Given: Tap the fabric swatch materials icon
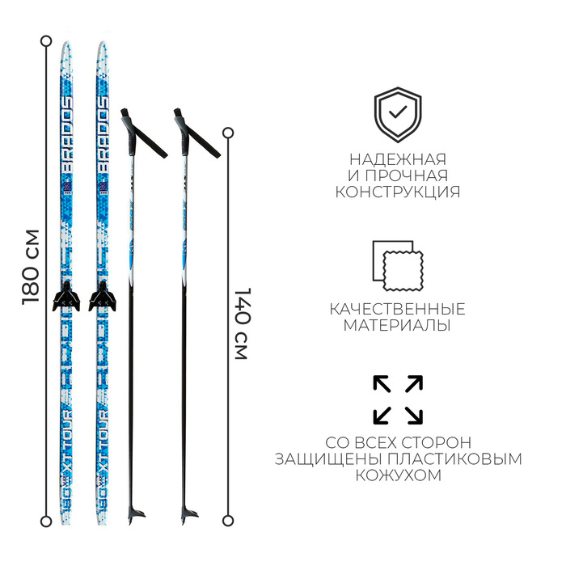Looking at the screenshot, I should click(397, 266).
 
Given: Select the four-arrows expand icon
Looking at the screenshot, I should click(398, 399).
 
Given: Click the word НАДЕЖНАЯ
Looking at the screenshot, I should click(398, 159).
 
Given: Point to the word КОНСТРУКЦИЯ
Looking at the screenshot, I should click(398, 192).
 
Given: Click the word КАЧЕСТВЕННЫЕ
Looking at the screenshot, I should click(398, 309).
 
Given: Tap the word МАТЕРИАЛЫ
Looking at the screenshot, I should click(398, 326).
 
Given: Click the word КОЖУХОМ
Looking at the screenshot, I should click(398, 475).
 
